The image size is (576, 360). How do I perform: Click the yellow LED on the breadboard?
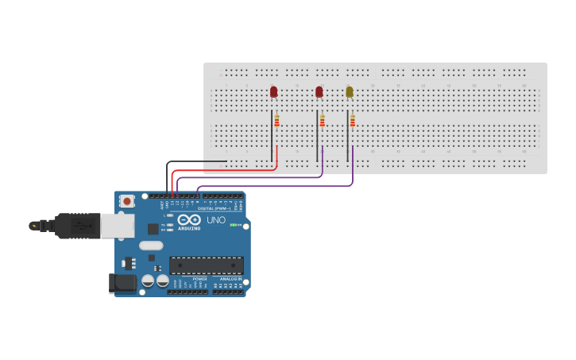click(x=350, y=92)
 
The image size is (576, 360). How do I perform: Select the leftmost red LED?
click(x=274, y=92)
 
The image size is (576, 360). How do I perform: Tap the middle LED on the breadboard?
click(x=319, y=92)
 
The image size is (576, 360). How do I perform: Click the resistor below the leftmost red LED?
click(x=276, y=121)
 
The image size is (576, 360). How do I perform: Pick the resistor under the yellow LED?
click(x=352, y=121)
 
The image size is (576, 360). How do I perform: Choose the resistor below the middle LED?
click(x=322, y=121)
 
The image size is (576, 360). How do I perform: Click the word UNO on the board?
click(x=216, y=219)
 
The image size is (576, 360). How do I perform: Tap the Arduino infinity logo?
click(x=189, y=219)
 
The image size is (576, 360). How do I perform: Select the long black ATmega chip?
click(x=207, y=265)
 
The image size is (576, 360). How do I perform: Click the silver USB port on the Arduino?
click(x=116, y=226)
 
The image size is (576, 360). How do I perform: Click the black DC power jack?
click(x=122, y=282)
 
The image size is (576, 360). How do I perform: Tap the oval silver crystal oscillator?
click(x=150, y=246)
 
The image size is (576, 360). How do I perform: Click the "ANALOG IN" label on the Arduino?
click(x=230, y=279)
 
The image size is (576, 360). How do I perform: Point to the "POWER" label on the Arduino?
click(x=199, y=279)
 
